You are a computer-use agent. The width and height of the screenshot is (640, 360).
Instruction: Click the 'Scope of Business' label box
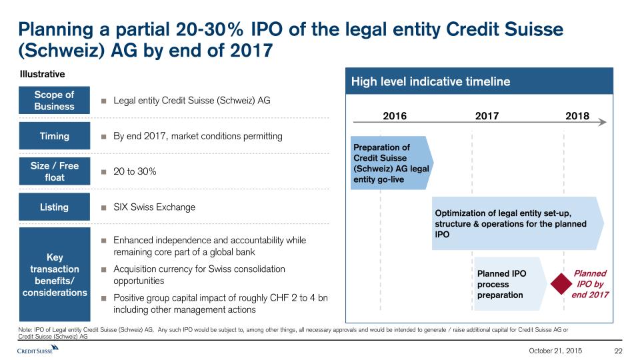coord(54,101)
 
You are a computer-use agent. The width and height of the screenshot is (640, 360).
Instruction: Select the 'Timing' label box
coord(54,136)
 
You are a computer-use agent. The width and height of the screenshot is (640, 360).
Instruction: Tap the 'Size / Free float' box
coord(54,171)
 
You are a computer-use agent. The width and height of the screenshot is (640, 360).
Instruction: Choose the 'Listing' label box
coord(54,207)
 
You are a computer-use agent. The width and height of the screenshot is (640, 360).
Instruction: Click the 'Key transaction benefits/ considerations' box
coord(54,269)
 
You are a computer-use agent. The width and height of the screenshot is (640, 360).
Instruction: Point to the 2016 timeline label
coord(395,116)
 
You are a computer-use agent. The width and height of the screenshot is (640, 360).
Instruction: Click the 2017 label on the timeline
coord(487,116)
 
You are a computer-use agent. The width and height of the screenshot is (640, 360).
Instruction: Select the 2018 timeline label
coord(577,116)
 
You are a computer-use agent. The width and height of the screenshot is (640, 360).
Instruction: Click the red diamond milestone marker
coord(559,284)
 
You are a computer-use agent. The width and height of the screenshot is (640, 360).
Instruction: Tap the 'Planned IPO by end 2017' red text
coord(591,284)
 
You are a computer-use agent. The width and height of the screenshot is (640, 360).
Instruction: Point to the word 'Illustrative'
coord(42,73)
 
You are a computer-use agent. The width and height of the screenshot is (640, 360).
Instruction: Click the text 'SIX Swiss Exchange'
coord(154,207)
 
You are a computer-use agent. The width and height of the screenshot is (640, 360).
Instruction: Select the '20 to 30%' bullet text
coord(135,171)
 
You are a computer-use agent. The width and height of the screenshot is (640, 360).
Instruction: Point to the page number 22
coord(617,351)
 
